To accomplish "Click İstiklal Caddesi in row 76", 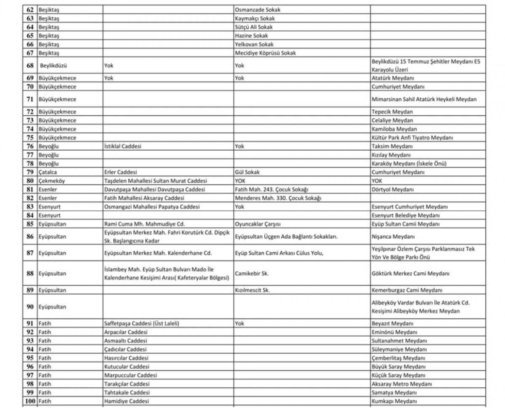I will pyautogui.click(x=122, y=146).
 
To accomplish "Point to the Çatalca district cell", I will pyautogui.click(x=48, y=172).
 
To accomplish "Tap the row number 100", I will pyautogui.click(x=30, y=402).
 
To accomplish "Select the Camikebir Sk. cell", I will pyautogui.click(x=252, y=273).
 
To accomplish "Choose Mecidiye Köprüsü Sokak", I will pyautogui.click(x=266, y=53).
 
